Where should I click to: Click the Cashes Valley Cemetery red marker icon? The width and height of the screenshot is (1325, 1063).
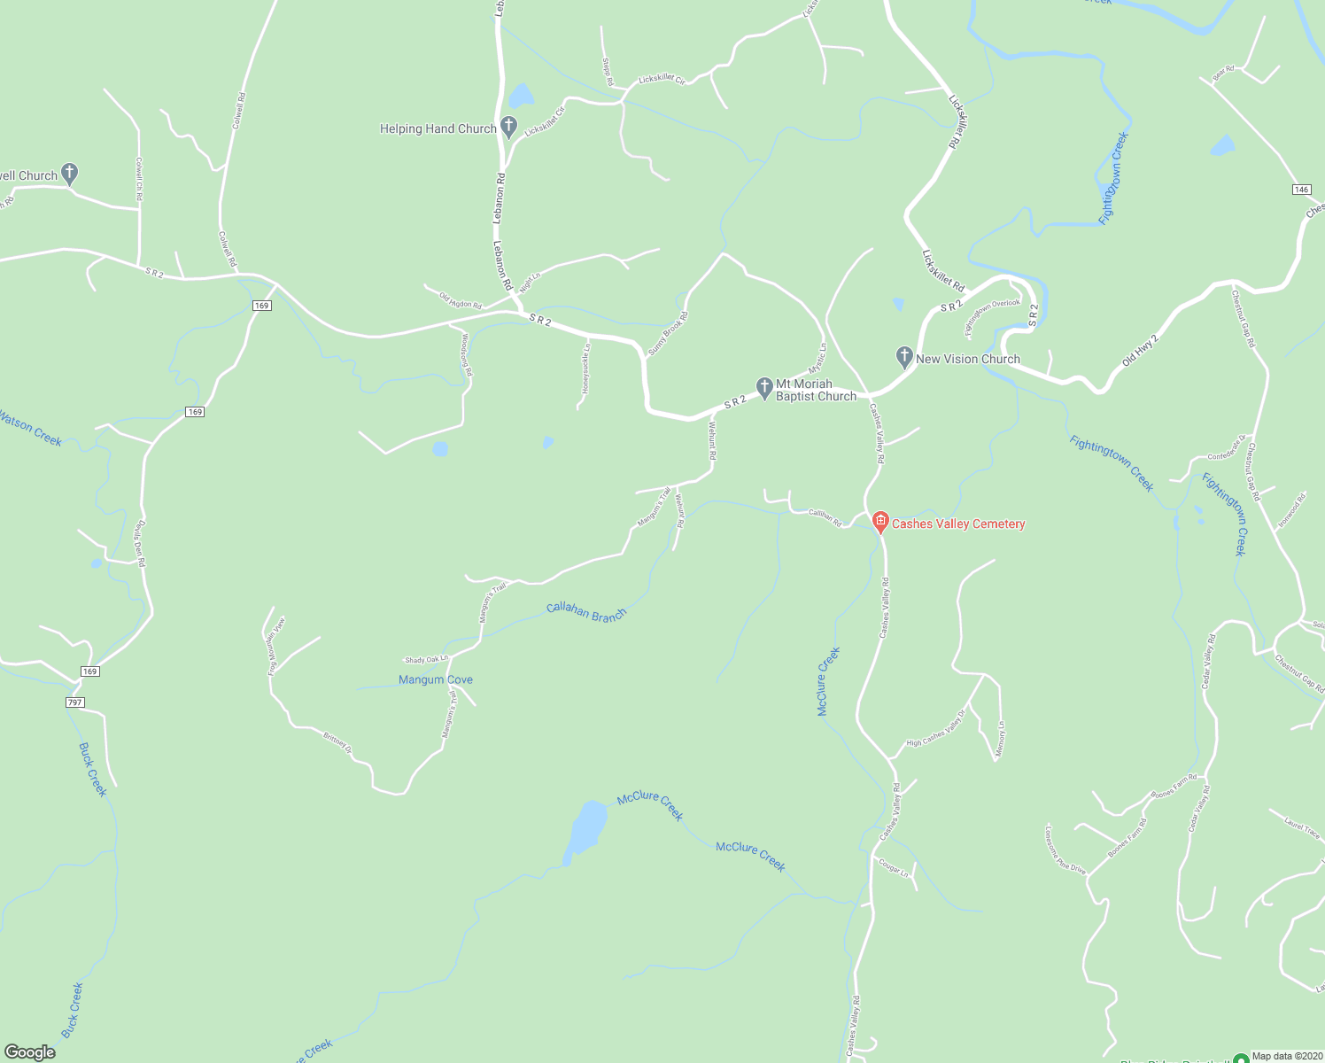pyautogui.click(x=880, y=523)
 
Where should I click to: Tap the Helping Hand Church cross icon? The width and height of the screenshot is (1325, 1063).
pyautogui.click(x=508, y=128)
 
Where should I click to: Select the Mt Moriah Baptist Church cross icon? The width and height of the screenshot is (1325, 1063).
pyautogui.click(x=764, y=387)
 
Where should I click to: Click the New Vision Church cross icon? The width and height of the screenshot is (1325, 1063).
pyautogui.click(x=904, y=358)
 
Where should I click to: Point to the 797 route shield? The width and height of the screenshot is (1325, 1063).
pyautogui.click(x=74, y=702)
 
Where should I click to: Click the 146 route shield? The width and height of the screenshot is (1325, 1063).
pyautogui.click(x=1301, y=190)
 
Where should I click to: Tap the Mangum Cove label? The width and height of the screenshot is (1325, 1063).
pyautogui.click(x=436, y=679)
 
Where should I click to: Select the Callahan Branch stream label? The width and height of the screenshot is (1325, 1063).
pyautogui.click(x=586, y=611)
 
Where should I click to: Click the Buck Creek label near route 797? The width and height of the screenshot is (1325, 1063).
pyautogui.click(x=93, y=769)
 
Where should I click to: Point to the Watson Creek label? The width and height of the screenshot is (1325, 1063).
pyautogui.click(x=30, y=429)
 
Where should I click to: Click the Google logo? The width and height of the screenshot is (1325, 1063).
pyautogui.click(x=30, y=1052)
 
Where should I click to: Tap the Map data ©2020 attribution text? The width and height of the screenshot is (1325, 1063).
pyautogui.click(x=1283, y=1056)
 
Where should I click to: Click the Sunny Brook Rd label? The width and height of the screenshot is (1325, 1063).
pyautogui.click(x=668, y=334)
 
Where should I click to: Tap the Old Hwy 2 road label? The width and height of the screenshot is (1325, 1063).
pyautogui.click(x=1140, y=351)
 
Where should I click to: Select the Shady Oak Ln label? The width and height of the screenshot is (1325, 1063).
pyautogui.click(x=427, y=660)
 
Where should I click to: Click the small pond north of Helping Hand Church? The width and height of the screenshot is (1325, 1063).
pyautogui.click(x=521, y=96)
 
